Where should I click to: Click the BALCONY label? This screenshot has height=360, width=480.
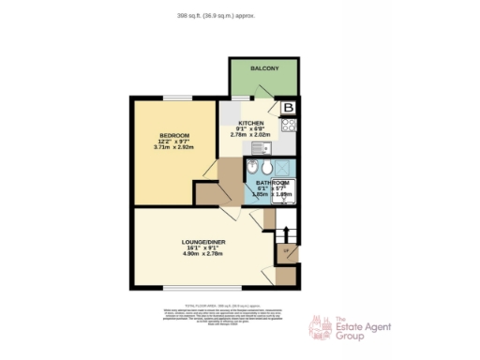[x=264, y=68]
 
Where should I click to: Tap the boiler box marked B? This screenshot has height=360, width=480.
[x=289, y=108]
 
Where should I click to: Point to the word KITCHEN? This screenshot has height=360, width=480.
[x=250, y=124]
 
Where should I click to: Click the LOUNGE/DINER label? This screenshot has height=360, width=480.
[x=202, y=242]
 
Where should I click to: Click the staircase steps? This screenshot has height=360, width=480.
[x=288, y=232]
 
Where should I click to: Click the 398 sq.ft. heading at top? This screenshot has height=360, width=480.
[x=216, y=16]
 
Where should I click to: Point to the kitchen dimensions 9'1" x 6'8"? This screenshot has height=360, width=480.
[x=250, y=129]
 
